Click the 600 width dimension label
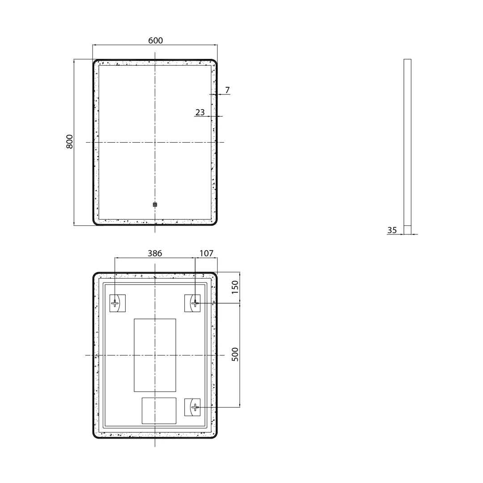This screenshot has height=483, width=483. [156, 40]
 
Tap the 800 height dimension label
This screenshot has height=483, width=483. [70, 142]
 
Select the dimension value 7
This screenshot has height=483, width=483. [227, 90]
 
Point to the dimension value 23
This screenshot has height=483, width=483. [200, 112]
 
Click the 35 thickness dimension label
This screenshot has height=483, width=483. [392, 230]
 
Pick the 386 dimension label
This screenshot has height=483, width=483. [155, 253]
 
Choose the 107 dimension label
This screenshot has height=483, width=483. [206, 253]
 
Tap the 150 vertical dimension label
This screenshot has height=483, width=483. [235, 287]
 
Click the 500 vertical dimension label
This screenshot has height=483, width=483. [235, 354]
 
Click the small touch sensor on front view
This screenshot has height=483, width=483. [155, 204]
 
